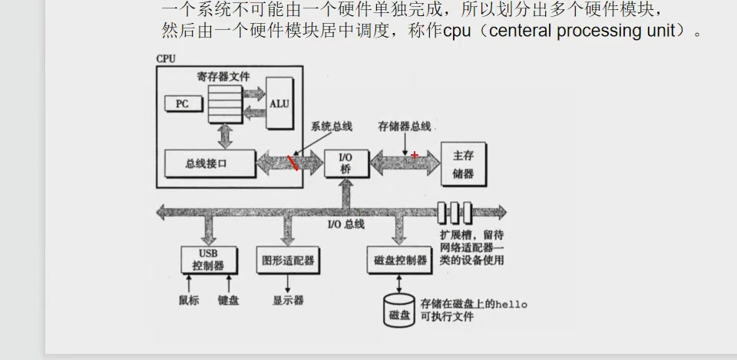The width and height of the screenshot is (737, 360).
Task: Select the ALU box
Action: point(279,104)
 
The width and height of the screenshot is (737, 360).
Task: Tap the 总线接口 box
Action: point(207,163)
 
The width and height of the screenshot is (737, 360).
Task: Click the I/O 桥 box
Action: point(345,163)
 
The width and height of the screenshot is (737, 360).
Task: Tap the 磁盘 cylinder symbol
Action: point(399,309)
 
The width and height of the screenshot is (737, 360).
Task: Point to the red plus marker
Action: point(415,155)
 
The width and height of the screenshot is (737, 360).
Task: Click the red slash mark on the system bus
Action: point(293,162)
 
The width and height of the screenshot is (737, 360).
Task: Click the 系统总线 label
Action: point(332,126)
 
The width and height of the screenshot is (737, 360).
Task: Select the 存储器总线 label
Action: point(405,126)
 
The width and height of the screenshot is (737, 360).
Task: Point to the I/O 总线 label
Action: point(345,224)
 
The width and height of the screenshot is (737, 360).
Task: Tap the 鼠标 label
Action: point(188,300)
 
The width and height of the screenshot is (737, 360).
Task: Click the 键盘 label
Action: point(228,300)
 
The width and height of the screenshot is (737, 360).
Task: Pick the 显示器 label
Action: point(288,300)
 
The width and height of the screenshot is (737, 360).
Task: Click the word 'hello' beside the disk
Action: point(511,304)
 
